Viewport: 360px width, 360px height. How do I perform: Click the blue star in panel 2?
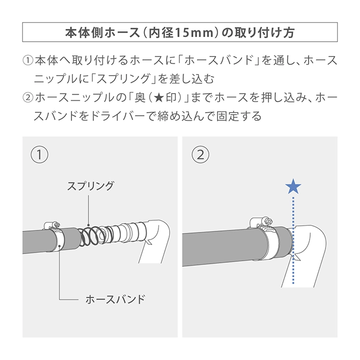pyautogui.click(x=293, y=186)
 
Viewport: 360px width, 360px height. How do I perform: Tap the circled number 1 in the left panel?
pyautogui.click(x=40, y=155)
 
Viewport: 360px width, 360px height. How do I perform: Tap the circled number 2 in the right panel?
pyautogui.click(x=201, y=155)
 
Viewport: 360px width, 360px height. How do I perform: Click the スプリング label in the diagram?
pyautogui.click(x=91, y=186)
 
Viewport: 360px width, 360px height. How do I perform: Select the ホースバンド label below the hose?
pyautogui.click(x=116, y=299)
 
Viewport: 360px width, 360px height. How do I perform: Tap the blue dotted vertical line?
pyautogui.click(x=293, y=240)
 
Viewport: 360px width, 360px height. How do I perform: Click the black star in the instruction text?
pyautogui.click(x=159, y=98)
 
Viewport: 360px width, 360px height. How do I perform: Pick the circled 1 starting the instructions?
pyautogui.click(x=28, y=61)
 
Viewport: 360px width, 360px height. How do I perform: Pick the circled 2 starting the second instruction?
pyautogui.click(x=28, y=98)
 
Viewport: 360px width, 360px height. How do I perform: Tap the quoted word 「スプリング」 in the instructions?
pyautogui.click(x=124, y=79)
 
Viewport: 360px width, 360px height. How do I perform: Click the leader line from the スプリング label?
pyautogui.click(x=88, y=210)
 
